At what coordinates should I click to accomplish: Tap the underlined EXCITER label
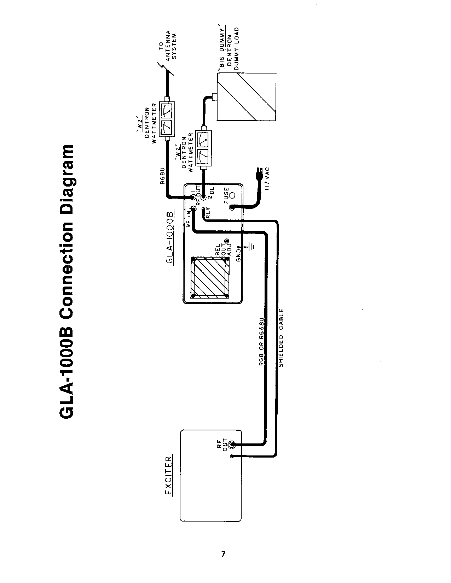click(169, 475)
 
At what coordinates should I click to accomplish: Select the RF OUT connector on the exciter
click(232, 444)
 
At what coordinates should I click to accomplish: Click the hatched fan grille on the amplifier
click(209, 278)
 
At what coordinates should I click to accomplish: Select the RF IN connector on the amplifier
click(193, 209)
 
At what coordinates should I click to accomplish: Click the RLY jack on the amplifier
click(203, 209)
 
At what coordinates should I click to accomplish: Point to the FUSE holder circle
click(232, 195)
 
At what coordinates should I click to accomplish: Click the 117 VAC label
click(267, 179)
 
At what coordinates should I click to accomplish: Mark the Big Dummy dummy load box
click(247, 96)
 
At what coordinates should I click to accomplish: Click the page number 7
click(223, 554)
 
